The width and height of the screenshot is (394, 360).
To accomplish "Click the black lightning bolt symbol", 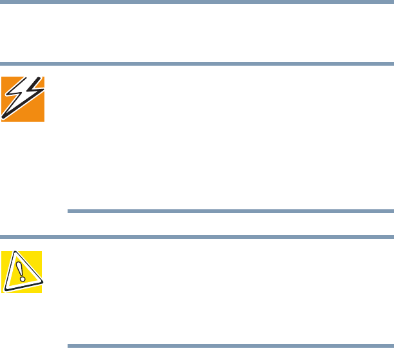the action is coord(22,98).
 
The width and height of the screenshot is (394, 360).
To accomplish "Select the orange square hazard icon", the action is coord(23,99).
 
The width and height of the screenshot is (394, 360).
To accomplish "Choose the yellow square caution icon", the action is coord(21,272).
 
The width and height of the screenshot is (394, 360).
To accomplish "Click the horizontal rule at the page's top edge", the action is coord(197,2).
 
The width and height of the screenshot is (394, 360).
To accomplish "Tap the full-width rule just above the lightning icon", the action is coord(197,64).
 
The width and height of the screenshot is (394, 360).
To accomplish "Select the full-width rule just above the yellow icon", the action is coord(197,236).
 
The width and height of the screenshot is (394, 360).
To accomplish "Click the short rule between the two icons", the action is coord(230,211).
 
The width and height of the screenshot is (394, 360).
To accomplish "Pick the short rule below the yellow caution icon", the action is coord(230,346).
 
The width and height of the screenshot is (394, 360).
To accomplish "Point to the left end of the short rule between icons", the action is coord(69,211).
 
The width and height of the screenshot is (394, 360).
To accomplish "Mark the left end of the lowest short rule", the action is coord(69,346).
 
